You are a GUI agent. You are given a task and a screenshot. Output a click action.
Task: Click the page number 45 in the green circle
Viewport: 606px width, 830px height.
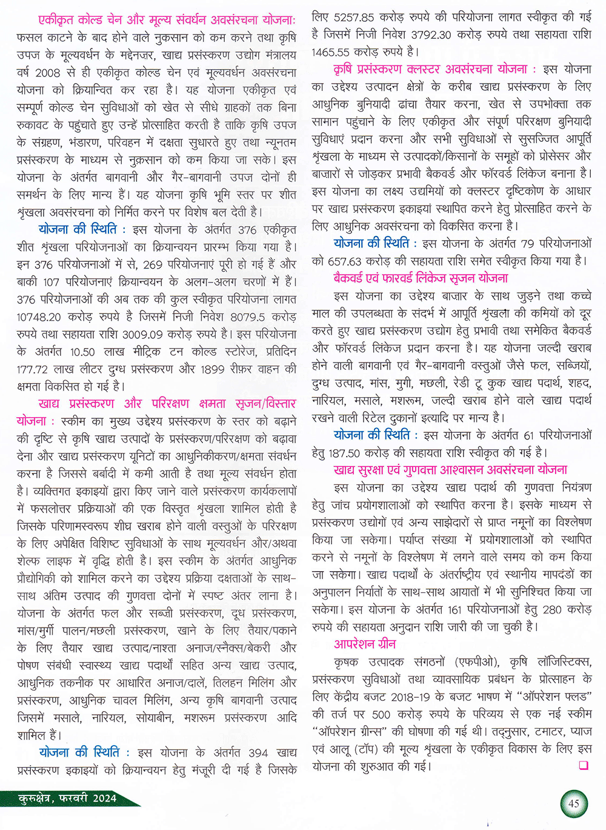[x=573, y=804]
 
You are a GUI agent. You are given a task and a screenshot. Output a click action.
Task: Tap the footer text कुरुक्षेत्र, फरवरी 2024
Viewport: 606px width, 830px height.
[x=67, y=798]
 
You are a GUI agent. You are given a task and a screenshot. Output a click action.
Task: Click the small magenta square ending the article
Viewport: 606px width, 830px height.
[x=584, y=766]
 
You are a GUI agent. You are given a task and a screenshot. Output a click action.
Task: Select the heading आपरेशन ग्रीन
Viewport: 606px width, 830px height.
[x=365, y=644]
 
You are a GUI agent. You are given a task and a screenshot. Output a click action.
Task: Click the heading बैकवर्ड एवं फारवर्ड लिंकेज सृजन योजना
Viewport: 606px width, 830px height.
[x=421, y=278]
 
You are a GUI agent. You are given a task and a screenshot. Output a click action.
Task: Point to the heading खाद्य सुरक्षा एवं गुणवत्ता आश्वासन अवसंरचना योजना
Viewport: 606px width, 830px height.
[x=450, y=470]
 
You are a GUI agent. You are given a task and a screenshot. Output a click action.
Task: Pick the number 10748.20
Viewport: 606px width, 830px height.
[x=39, y=316]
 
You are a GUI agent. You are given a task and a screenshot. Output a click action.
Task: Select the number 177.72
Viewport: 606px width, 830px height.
[x=35, y=369]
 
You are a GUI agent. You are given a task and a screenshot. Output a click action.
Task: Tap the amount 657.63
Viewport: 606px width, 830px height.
[x=348, y=261]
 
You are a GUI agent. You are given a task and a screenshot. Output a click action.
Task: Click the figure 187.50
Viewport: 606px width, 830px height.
[x=344, y=453]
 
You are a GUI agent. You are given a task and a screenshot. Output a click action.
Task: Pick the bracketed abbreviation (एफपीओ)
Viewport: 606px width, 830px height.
[x=474, y=661]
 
